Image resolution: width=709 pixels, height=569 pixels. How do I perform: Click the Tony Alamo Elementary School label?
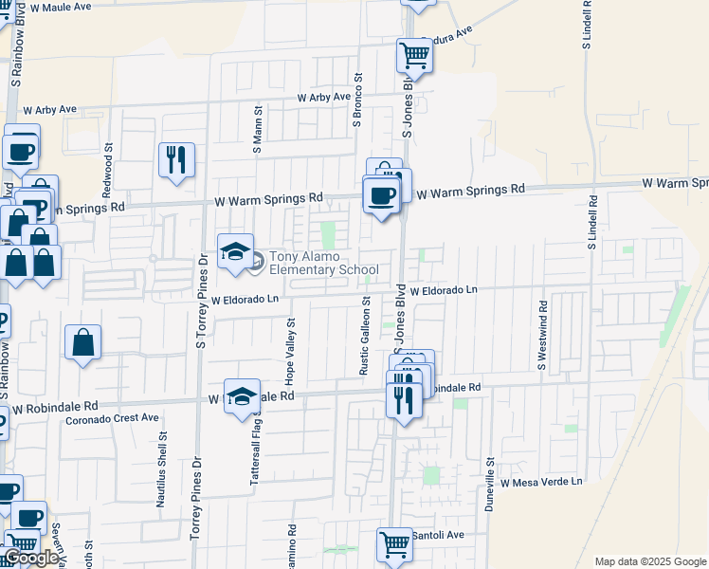click(324, 263)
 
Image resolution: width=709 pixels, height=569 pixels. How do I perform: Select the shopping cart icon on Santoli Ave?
click(395, 544)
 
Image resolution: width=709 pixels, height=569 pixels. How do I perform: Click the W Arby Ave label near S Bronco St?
click(324, 98)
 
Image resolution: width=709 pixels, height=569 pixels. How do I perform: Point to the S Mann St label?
click(257, 130)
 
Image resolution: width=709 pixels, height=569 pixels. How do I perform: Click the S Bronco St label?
click(358, 101)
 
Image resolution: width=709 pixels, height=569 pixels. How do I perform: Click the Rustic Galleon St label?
click(364, 335)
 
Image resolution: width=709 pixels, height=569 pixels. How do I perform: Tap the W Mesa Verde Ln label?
click(541, 482)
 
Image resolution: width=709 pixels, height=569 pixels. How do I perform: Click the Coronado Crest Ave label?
click(112, 417)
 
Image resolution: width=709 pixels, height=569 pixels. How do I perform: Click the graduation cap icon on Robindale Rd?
click(242, 395)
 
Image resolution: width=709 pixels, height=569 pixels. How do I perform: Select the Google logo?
click(31, 558)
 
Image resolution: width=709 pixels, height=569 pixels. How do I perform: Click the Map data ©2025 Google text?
click(650, 561)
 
